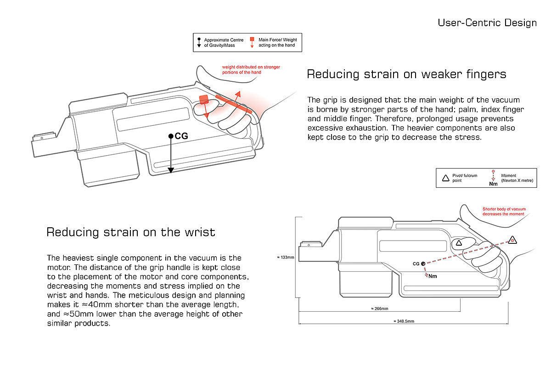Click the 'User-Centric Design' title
[487, 23]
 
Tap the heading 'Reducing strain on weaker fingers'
[407, 74]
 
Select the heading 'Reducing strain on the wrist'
[131, 232]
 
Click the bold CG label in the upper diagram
[181, 136]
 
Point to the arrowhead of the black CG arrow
[171, 170]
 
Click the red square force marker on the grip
[204, 100]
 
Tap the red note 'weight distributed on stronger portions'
[251, 70]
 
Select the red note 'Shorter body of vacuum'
[504, 211]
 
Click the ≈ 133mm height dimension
[285, 257]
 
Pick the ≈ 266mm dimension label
[380, 309]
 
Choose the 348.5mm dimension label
[404, 321]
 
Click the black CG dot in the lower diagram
[423, 264]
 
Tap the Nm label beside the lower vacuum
[433, 276]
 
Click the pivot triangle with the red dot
[512, 240]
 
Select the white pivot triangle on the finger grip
[459, 243]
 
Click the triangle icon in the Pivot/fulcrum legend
[446, 178]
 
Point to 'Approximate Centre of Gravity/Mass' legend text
[224, 43]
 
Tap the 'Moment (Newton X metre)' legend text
[517, 178]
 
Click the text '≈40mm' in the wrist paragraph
[97, 304]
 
